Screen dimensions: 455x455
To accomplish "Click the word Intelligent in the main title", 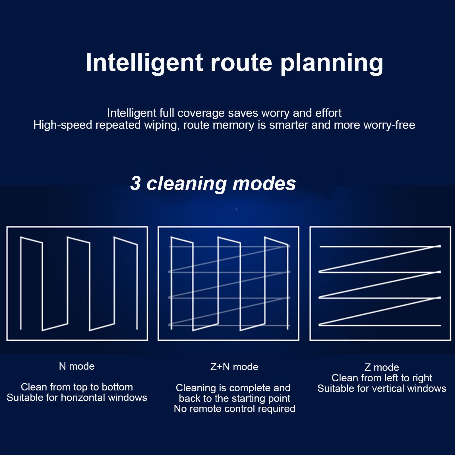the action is point(144,63).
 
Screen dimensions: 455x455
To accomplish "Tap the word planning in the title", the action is point(332,63).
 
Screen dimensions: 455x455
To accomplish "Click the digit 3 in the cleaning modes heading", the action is point(135,183).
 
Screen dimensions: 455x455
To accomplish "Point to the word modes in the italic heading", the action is point(264,183).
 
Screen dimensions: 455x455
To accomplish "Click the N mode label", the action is point(76,366).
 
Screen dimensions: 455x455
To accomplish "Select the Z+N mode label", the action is point(234,367).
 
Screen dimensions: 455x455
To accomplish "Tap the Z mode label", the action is point(382,367).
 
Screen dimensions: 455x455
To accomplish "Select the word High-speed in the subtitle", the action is point(63,125).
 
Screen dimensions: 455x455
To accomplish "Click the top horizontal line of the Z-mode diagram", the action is point(380,246).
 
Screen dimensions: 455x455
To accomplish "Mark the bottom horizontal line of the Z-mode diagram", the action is point(380,325).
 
